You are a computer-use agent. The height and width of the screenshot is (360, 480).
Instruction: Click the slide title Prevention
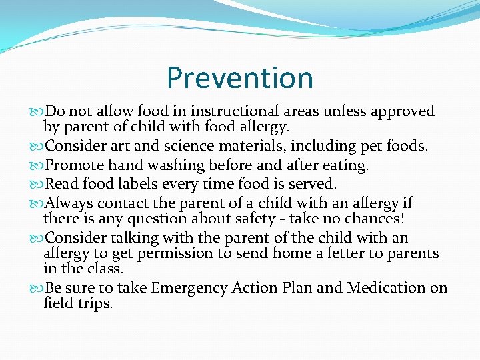240,77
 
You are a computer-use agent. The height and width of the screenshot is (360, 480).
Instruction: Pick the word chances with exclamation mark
381,219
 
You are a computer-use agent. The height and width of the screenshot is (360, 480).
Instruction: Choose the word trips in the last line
95,303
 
